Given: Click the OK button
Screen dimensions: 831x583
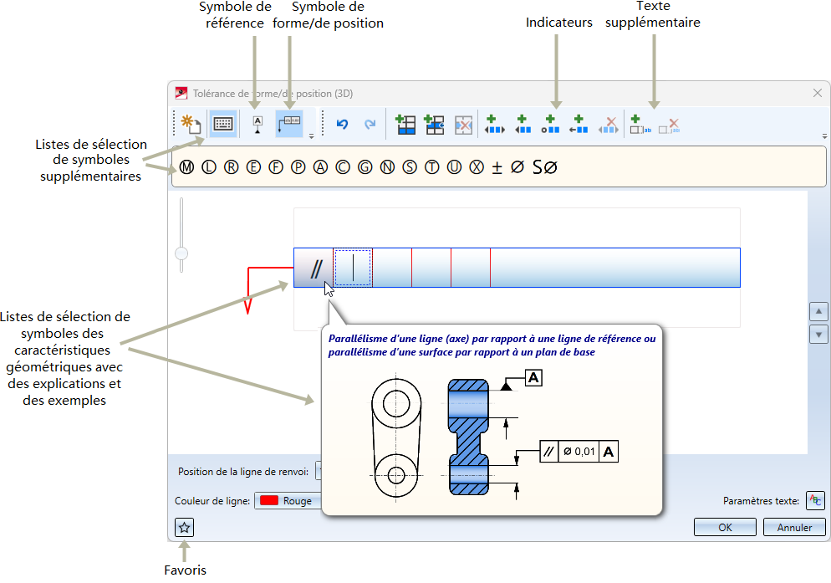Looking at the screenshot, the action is point(725,527).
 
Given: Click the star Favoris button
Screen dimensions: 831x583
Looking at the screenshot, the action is point(185,527).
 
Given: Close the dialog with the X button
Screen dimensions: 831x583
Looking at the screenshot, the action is point(818,93).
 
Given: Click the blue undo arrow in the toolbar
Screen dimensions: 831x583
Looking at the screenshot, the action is point(343,124).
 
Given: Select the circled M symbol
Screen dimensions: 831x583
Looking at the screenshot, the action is point(186,167).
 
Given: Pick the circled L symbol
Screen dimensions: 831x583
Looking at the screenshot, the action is point(209,167).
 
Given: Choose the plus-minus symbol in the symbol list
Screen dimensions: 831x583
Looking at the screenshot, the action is point(497,167).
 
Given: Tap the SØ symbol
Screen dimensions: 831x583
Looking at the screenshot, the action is point(545,167).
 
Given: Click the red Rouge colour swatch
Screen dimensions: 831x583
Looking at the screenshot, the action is point(269,500).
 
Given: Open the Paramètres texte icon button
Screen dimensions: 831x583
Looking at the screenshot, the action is point(816,500).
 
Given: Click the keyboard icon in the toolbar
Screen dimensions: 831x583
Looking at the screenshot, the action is point(223,124).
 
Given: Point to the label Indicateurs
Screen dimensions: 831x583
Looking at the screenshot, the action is point(558,23).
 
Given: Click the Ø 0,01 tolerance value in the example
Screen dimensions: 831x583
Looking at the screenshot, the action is point(579,452).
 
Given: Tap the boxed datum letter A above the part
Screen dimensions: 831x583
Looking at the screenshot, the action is point(533,378).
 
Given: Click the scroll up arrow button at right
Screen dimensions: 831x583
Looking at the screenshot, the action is point(818,311).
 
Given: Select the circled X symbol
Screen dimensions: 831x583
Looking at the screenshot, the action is point(477,167).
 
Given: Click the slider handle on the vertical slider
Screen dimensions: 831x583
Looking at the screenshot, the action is point(181,253).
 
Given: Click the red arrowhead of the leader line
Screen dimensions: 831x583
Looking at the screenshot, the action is point(247,306).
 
